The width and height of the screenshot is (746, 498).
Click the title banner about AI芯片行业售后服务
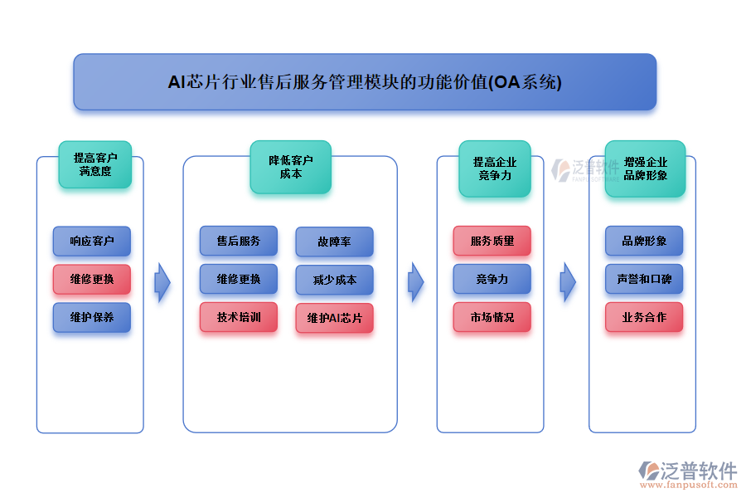point(365,82)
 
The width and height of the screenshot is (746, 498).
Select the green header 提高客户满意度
point(94,164)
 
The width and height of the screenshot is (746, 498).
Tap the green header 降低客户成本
point(290,167)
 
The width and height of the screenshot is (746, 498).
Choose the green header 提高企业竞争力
point(495,168)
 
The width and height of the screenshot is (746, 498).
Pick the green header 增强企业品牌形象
point(645,168)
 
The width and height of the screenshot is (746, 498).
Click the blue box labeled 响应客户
point(92,242)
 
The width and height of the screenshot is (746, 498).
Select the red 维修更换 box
point(92,279)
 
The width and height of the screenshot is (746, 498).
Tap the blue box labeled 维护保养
point(92,317)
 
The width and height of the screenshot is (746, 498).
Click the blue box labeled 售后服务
point(239,241)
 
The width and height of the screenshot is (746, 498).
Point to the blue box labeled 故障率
point(334,242)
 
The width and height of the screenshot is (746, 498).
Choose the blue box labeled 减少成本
point(334,280)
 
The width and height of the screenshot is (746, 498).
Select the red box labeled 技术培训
point(239,317)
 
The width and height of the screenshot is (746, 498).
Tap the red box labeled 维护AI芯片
point(334,318)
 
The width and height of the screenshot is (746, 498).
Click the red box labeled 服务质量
point(492,241)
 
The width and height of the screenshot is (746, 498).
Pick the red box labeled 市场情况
point(492,317)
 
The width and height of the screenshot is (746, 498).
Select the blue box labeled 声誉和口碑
point(644,279)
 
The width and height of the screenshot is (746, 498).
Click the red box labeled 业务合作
point(644,317)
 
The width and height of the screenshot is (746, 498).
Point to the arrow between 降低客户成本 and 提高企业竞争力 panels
point(416,282)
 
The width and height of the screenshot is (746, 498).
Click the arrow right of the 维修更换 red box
point(162,282)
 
